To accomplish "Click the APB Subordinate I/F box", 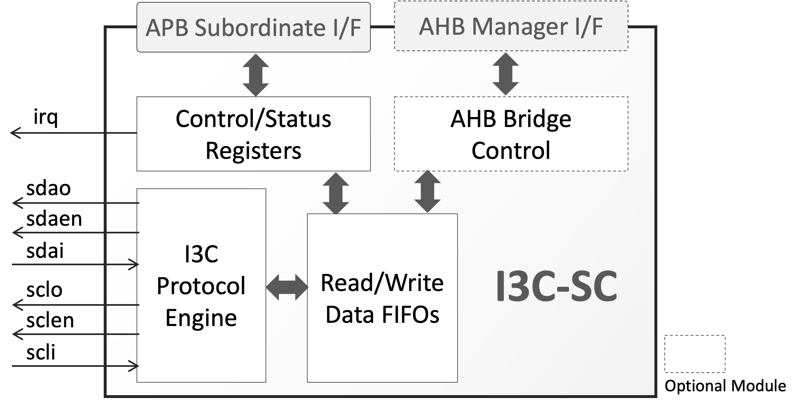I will (253, 28).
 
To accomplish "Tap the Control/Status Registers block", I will (253, 134).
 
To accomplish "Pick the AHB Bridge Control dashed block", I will (511, 134).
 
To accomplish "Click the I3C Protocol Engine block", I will (201, 286).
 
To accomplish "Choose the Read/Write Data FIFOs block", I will (382, 298).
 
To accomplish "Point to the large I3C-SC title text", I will (556, 286).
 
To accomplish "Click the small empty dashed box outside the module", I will (695, 354).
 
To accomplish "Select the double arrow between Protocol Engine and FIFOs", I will (287, 287).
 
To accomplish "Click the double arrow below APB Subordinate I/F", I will (255, 75).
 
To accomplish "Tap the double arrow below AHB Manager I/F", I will (505, 74).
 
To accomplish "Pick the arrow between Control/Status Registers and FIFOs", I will (335, 193).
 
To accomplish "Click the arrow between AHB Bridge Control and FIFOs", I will (427, 192).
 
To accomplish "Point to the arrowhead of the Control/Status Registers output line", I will (15, 133).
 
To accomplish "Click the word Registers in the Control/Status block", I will (253, 150).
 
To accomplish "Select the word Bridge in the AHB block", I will (537, 119).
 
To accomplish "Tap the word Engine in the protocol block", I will (201, 318).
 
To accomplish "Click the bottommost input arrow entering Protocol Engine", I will (76, 366).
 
